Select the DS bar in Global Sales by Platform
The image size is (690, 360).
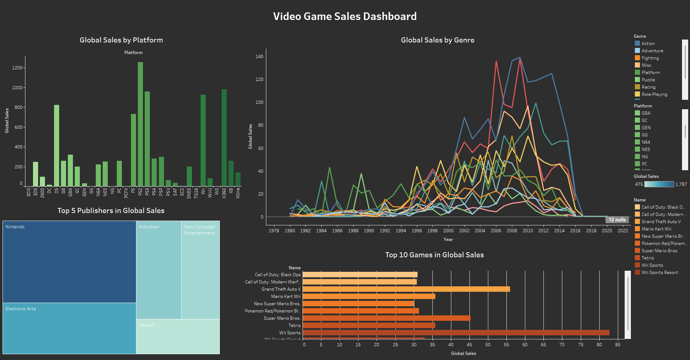click(57, 145)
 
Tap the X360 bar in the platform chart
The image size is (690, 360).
click(224, 138)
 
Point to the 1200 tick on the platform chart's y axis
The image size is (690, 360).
click(17, 68)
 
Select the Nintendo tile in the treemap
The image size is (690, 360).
click(69, 262)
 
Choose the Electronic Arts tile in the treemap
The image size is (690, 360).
click(69, 328)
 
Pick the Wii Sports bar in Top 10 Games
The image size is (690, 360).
click(456, 333)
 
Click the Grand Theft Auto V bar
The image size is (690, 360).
click(406, 289)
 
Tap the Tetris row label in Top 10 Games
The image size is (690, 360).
click(294, 326)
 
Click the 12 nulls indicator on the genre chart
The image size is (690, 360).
click(617, 220)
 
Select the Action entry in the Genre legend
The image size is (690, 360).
click(648, 44)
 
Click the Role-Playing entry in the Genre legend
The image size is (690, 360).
click(654, 94)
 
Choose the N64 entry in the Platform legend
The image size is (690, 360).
click(645, 142)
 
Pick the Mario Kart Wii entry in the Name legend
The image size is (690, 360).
click(656, 229)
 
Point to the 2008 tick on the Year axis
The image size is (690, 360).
click(512, 230)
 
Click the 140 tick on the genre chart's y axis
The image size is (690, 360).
click(259, 57)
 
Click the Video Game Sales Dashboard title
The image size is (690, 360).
click(345, 16)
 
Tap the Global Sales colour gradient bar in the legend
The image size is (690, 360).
click(659, 184)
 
